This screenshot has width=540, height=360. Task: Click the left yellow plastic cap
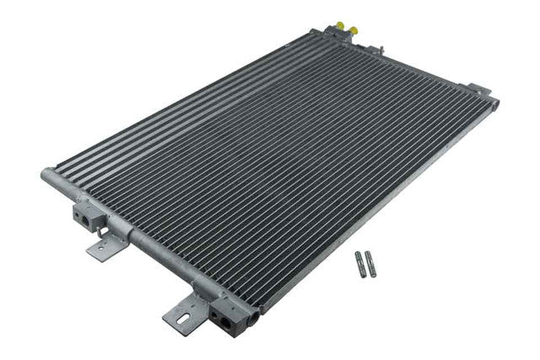tap(341, 26)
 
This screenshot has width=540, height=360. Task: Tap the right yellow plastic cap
tap(354, 30)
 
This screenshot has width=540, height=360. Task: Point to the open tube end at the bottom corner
tap(253, 318)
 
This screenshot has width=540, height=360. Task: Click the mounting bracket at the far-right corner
tap(478, 89)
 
